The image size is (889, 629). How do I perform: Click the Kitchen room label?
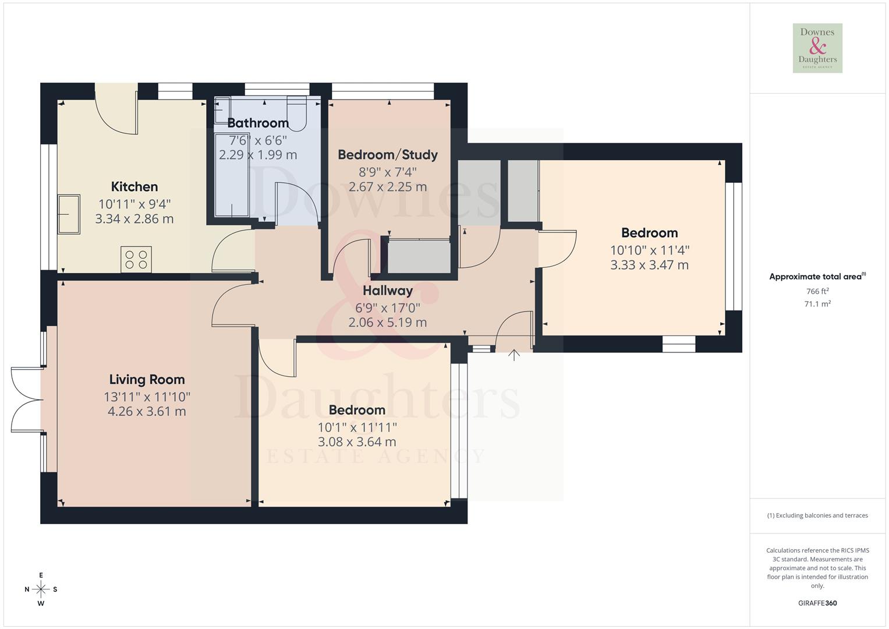pyautogui.click(x=134, y=187)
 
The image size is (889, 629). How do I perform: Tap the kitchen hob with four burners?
pyautogui.click(x=136, y=259)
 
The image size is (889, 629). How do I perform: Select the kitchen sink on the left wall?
pyautogui.click(x=68, y=214)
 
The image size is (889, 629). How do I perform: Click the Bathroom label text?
pyautogui.click(x=258, y=123)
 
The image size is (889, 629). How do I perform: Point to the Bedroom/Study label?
pyautogui.click(x=388, y=155)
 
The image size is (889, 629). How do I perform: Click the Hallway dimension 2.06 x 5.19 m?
pyautogui.click(x=388, y=322)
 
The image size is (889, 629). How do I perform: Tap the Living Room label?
pyautogui.click(x=147, y=380)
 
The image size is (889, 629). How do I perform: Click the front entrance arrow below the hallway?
pyautogui.click(x=513, y=355)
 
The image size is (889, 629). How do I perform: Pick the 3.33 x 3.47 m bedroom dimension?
pyautogui.click(x=649, y=265)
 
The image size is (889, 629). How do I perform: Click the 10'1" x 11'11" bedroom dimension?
pyautogui.click(x=357, y=427)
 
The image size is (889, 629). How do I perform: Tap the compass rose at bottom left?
pyautogui.click(x=41, y=589)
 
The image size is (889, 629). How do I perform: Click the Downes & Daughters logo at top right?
pyautogui.click(x=817, y=48)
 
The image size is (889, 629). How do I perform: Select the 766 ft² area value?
pyautogui.click(x=817, y=291)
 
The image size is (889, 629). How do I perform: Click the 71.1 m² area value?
pyautogui.click(x=817, y=304)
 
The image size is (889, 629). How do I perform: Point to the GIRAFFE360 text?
pyautogui.click(x=817, y=603)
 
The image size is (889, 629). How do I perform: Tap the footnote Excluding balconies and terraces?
pyautogui.click(x=817, y=515)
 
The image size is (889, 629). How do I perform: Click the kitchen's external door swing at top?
pyautogui.click(x=116, y=114)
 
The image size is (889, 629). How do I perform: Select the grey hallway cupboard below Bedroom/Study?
pyautogui.click(x=419, y=256)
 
